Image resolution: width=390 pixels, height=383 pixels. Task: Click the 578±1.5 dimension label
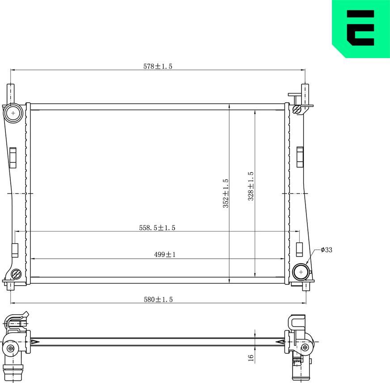pyautogui.click(x=157, y=66)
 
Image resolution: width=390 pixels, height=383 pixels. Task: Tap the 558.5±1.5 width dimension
pyautogui.click(x=157, y=227)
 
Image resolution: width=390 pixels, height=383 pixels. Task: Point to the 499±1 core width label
pyautogui.click(x=165, y=254)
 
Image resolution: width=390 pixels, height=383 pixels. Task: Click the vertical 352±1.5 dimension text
pyautogui.click(x=226, y=193)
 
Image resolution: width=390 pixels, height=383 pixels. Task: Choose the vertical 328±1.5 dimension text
pyautogui.click(x=251, y=186)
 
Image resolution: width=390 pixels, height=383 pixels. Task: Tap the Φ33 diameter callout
pyautogui.click(x=326, y=250)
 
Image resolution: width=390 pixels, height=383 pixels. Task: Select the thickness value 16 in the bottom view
pyautogui.click(x=251, y=358)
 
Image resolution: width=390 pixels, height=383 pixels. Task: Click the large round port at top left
pyautogui.click(x=13, y=113)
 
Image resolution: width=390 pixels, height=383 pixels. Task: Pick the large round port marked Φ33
pyautogui.click(x=301, y=271)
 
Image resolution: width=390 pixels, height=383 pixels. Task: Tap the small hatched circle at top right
pyautogui.click(x=296, y=109)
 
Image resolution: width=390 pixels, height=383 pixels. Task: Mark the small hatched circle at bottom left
pyautogui.click(x=16, y=274)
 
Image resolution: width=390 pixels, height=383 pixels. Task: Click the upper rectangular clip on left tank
pyautogui.click(x=13, y=157)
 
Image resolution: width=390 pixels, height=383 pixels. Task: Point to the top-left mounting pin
pyautogui.click(x=10, y=93)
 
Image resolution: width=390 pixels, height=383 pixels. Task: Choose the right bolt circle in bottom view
pyautogui.click(x=305, y=347)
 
